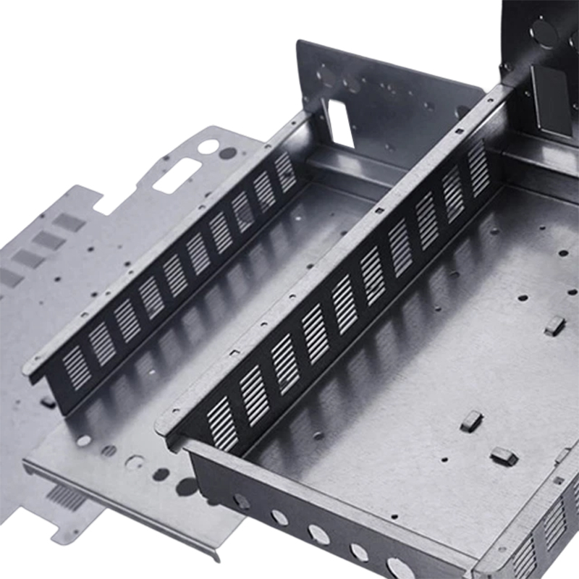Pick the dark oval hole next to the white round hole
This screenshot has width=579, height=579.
click(x=228, y=153)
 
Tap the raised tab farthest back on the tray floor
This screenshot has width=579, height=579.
click(x=554, y=326)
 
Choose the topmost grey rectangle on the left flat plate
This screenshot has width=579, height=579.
click(x=69, y=222)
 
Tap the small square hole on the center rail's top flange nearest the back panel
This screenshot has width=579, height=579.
click(x=457, y=132)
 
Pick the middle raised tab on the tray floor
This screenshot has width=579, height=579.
click(x=471, y=420)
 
